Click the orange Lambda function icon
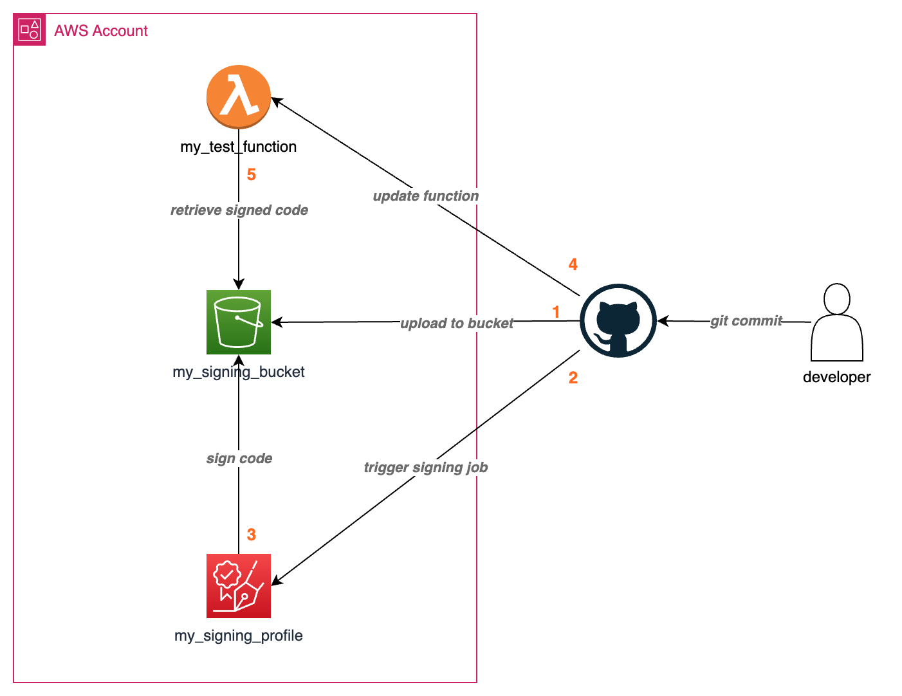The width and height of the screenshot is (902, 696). coord(238,96)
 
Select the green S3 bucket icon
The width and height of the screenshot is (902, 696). coord(238,322)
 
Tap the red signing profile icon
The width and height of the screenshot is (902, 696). coord(238,585)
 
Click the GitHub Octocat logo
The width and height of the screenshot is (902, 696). coord(618,320)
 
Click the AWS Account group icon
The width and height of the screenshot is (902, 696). coord(30,30)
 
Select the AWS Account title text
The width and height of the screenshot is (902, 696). coord(101,31)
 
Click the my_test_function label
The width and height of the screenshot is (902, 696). coord(238,147)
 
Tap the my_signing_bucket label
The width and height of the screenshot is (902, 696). coord(238,372)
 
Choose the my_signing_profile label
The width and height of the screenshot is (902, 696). coord(238,636)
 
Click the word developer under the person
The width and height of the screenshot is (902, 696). coord(836,377)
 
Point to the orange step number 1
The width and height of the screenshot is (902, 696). coord(556,312)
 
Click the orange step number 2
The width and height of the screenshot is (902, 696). coord(573,378)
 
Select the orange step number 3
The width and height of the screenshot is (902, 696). coord(251,535)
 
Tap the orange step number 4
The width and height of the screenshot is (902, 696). coord(573,264)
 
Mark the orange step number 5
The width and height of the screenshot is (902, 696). coord(251,174)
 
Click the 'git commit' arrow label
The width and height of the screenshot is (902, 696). coord(746,320)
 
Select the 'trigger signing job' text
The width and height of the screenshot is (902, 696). coord(425,468)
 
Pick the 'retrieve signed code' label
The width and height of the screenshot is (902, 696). coord(239,210)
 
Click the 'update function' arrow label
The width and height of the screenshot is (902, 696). coord(425,196)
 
